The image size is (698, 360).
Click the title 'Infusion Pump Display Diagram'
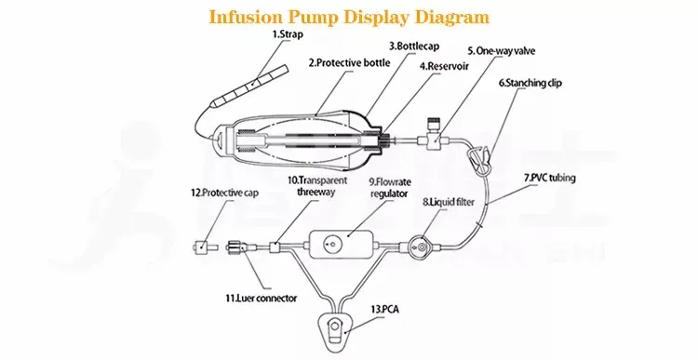[x=348, y=16]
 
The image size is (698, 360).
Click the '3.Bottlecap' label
[x=415, y=45]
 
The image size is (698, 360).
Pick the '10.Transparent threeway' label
[x=318, y=186]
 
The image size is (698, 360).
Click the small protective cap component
[x=201, y=247]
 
